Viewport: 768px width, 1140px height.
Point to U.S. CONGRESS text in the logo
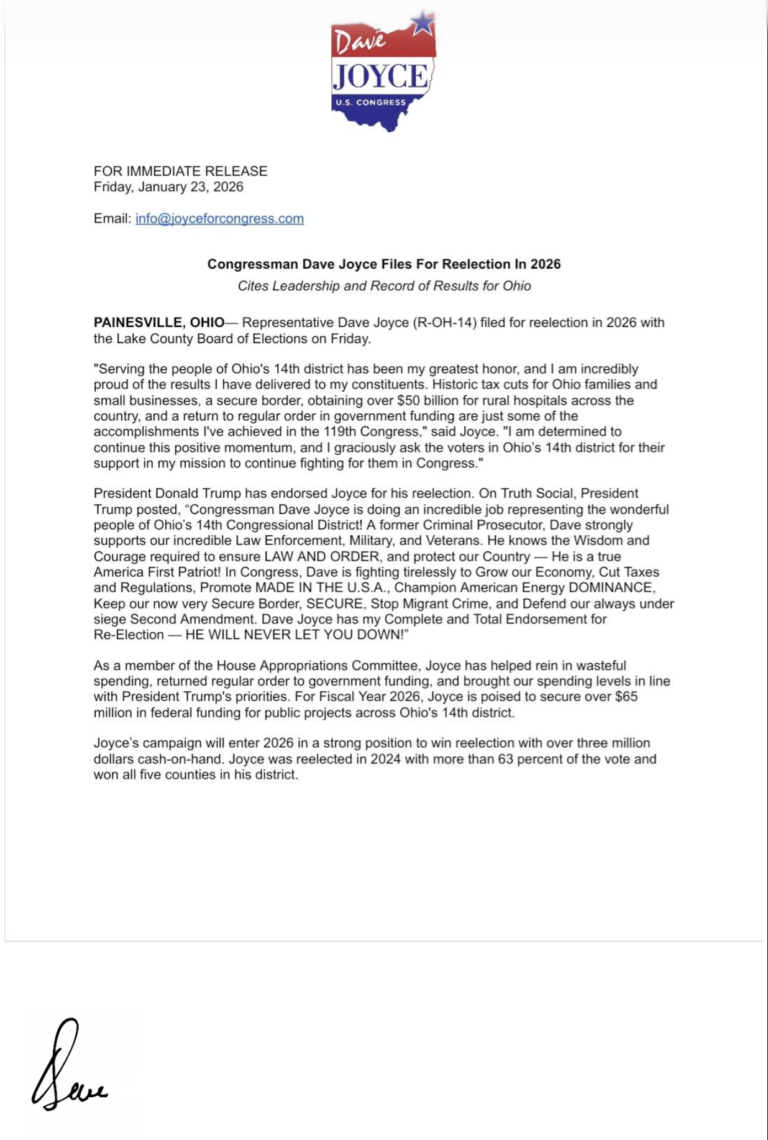coord(370,103)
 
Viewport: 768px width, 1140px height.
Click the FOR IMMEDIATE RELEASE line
coord(180,171)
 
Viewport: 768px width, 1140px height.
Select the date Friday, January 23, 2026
coord(168,187)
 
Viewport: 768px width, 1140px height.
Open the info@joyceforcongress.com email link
coord(219,219)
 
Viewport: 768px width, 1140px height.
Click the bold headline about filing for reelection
coord(384,264)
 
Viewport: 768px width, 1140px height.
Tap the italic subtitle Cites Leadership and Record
coord(384,286)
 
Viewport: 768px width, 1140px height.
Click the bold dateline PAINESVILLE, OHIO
coord(159,323)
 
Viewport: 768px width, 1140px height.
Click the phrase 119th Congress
coord(372,431)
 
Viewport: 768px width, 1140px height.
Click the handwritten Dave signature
coord(67,1067)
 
